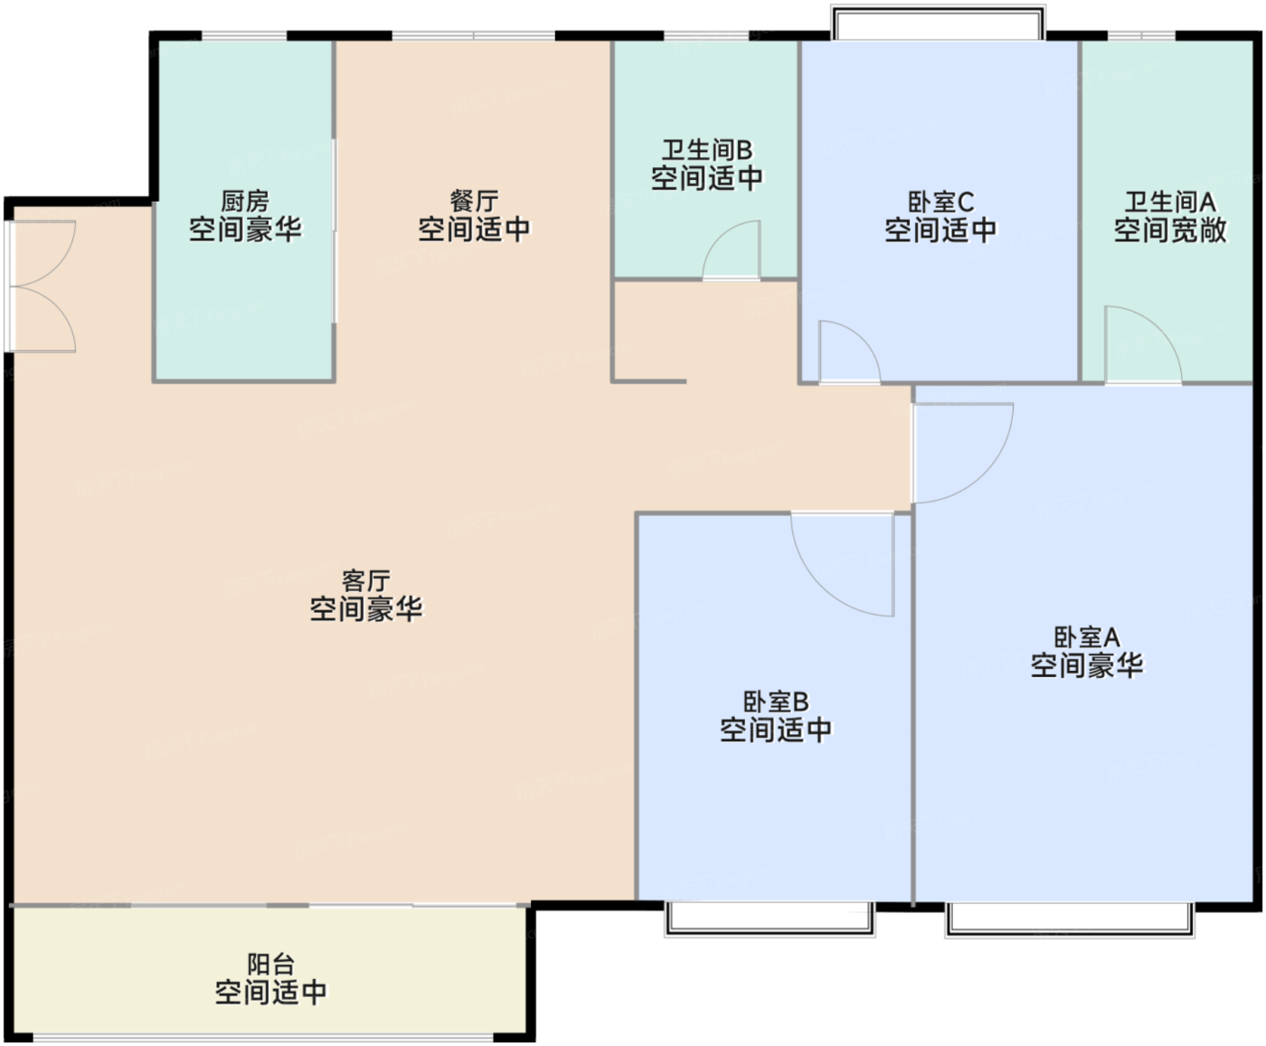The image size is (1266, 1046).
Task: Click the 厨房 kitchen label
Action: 245,201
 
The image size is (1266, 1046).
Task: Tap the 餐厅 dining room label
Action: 474,201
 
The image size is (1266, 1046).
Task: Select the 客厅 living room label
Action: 366,581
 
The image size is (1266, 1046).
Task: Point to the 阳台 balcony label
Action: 271,964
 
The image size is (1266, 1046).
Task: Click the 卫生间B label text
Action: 707,150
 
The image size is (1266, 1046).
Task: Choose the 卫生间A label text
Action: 1170,202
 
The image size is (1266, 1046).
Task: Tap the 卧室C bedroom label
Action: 940,202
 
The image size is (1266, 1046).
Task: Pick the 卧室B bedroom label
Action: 776,702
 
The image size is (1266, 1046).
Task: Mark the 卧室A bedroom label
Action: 1087,637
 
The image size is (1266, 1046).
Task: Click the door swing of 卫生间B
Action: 731,250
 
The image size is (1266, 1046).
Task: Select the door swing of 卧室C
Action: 849,352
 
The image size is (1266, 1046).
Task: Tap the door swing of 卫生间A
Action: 1143,344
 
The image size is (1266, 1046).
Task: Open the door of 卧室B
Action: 843,564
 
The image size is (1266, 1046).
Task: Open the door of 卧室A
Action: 963,453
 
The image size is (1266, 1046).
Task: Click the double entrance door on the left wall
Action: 42,287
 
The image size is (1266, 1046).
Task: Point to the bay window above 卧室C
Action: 938,23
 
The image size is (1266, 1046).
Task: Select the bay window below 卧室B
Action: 770,919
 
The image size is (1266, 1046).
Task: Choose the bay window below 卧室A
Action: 1070,919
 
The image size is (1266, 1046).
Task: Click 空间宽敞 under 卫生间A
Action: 1170,231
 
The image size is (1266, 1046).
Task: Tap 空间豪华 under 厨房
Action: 245,230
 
